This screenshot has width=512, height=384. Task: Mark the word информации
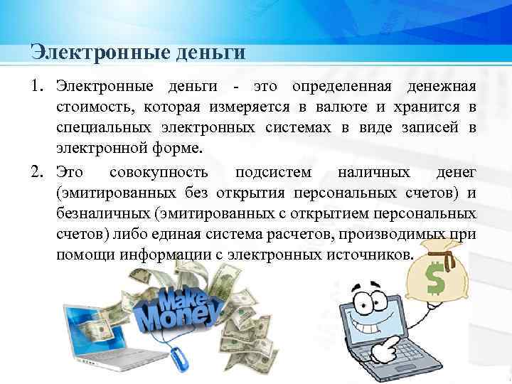pyautogui.click(x=160, y=257)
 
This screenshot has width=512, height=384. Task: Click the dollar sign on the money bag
pyautogui.click(x=434, y=281)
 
